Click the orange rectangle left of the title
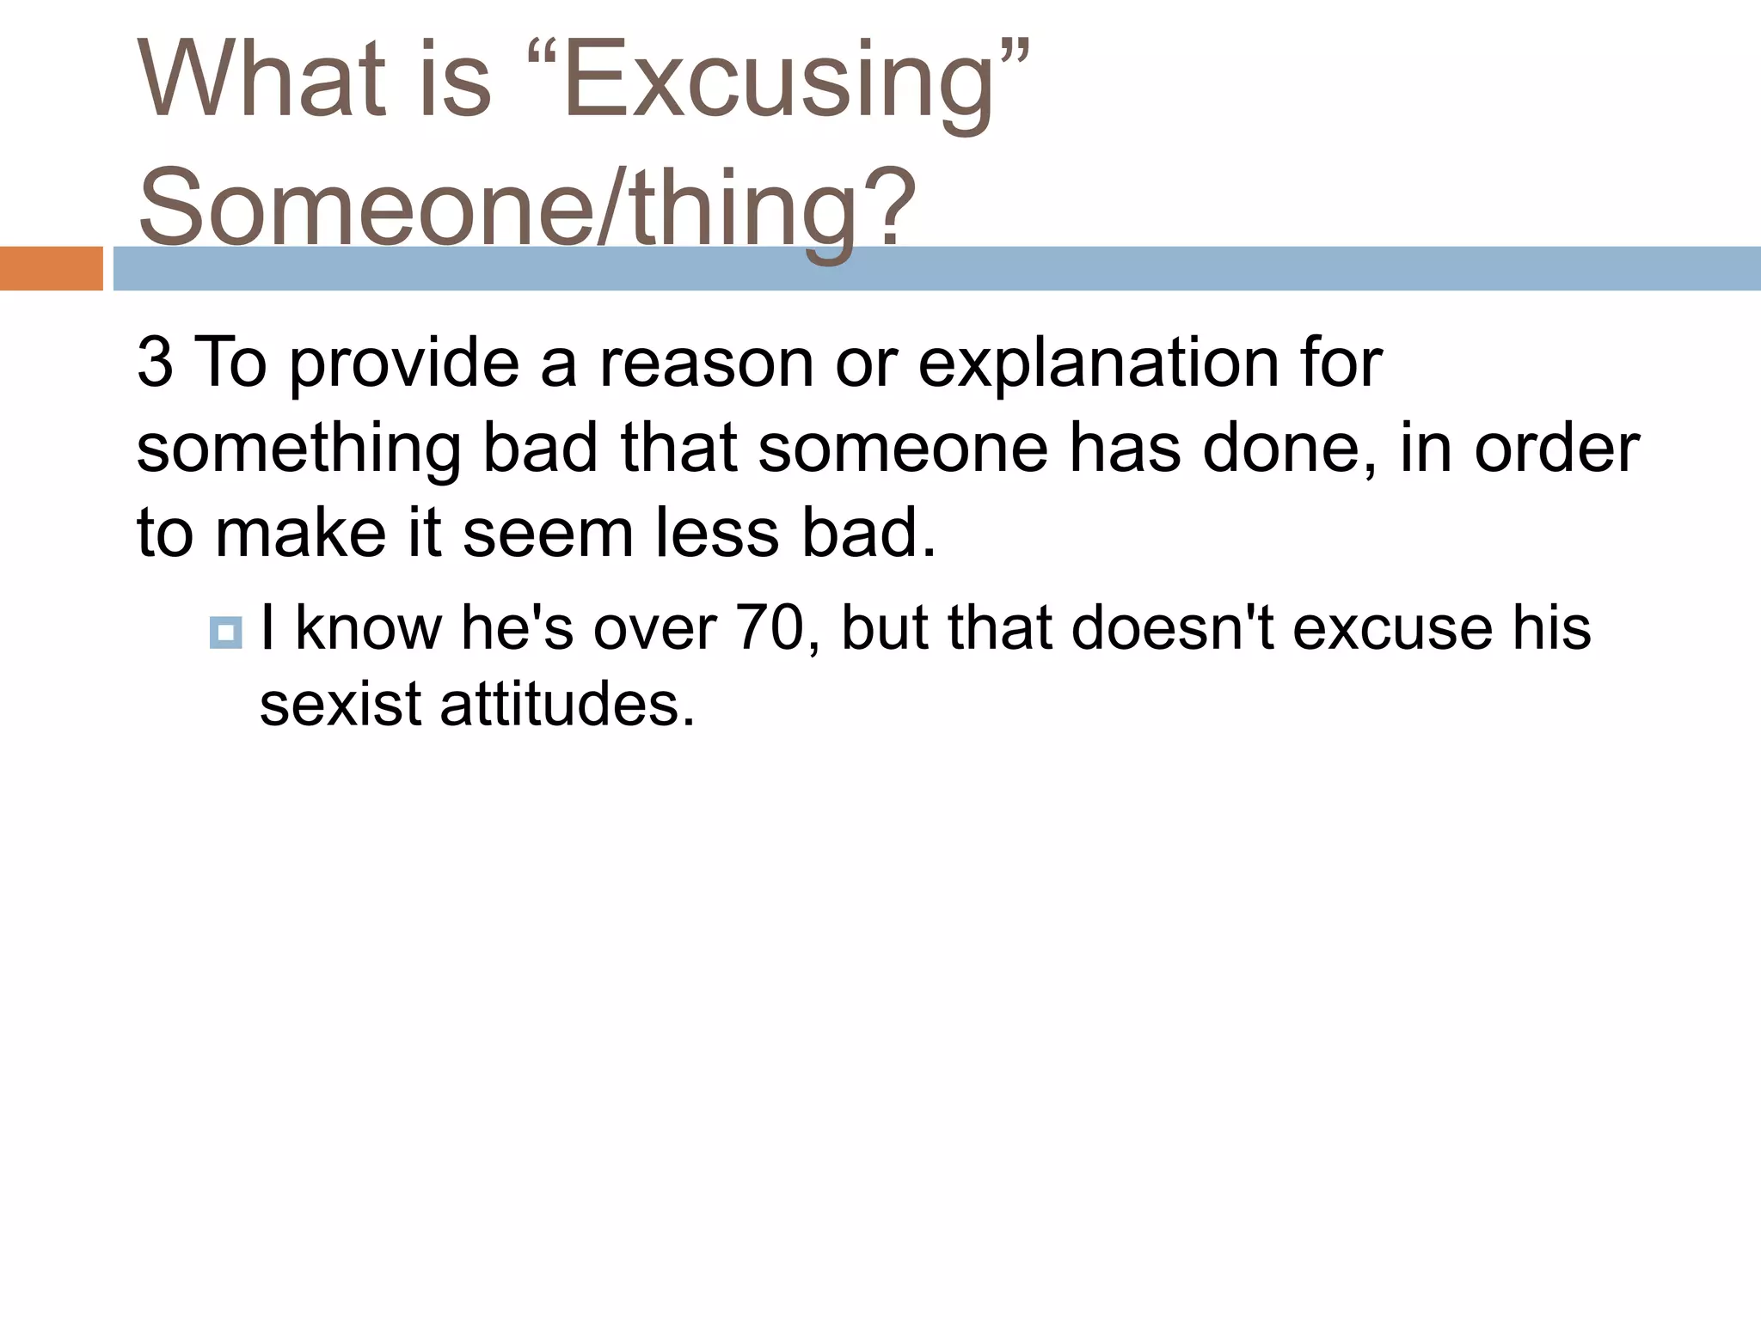tap(51, 268)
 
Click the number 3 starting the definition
tap(155, 363)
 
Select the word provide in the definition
tap(403, 364)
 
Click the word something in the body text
tap(299, 450)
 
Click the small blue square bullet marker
tap(225, 633)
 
